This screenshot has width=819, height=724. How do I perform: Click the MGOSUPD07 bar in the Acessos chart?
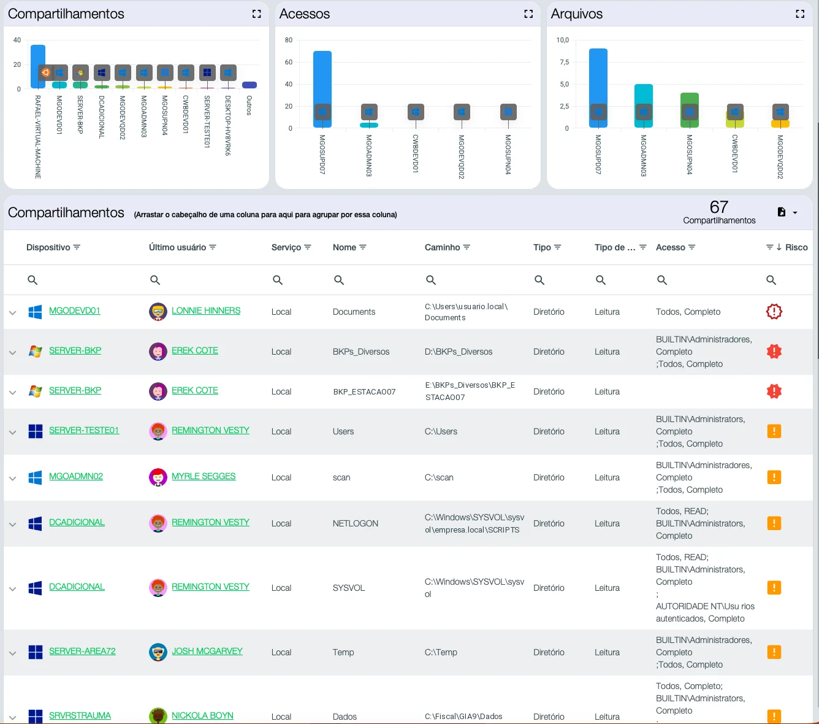[x=322, y=89]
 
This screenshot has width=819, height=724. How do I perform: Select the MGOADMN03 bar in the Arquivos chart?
[x=644, y=106]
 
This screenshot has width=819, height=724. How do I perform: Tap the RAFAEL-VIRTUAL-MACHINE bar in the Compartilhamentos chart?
[x=38, y=66]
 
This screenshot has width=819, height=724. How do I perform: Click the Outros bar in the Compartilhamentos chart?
[x=250, y=85]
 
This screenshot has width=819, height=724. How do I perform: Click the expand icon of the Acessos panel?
[x=528, y=14]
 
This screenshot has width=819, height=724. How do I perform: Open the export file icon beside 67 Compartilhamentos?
[x=782, y=212]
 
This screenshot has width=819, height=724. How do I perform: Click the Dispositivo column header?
[x=48, y=247]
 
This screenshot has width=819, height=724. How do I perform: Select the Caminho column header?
[x=442, y=247]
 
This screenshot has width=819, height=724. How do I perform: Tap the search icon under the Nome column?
[x=339, y=280]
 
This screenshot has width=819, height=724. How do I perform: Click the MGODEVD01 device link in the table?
[x=74, y=310]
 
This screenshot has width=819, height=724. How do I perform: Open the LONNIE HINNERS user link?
[x=206, y=310]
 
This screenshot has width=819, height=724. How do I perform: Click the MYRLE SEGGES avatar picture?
[x=158, y=477]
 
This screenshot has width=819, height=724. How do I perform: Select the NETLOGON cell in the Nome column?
[x=356, y=523]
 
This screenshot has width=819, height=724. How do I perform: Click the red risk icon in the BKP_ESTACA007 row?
[x=774, y=391]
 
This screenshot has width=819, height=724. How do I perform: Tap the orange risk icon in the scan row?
[x=774, y=477]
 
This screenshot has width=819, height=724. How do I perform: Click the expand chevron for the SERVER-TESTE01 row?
[x=12, y=433]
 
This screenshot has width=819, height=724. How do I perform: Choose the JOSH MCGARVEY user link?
[x=207, y=651]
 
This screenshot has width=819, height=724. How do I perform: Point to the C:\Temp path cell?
[x=441, y=652]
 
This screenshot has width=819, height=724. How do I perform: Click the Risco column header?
[x=796, y=247]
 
